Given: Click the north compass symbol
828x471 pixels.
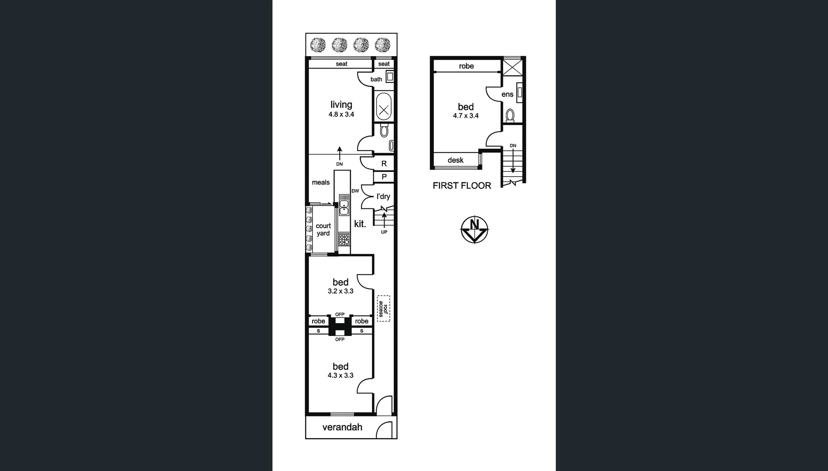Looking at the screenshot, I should coord(474,229).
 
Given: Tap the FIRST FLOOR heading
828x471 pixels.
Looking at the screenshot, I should coord(462,186).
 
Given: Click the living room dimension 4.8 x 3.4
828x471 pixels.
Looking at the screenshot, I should coord(341,115).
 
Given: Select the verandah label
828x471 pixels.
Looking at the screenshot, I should coord(342,427).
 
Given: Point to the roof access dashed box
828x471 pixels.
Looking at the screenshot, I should coord(383,308).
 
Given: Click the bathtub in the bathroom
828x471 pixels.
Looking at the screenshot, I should coord(383,107).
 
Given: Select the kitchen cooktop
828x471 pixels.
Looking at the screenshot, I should coord(344,239).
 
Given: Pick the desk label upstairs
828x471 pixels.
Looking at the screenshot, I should coord(455,160).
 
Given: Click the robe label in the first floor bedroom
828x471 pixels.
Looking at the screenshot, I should coord(466,66).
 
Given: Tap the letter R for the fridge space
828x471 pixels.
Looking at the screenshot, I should coord(384,164).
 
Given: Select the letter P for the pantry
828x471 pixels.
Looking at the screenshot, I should coord(384,177).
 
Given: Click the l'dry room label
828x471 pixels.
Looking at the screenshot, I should coord(383,197).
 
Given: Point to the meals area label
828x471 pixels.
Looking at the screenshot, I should coord(320,182).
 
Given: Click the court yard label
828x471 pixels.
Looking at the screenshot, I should coord(323,229).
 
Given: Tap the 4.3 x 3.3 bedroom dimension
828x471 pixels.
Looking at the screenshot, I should coord(340,375).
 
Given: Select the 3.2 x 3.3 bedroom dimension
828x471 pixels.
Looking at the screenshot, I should coord(340,291).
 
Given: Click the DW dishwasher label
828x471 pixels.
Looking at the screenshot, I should coord(355,191).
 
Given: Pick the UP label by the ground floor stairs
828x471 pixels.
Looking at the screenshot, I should coord(384,232).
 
